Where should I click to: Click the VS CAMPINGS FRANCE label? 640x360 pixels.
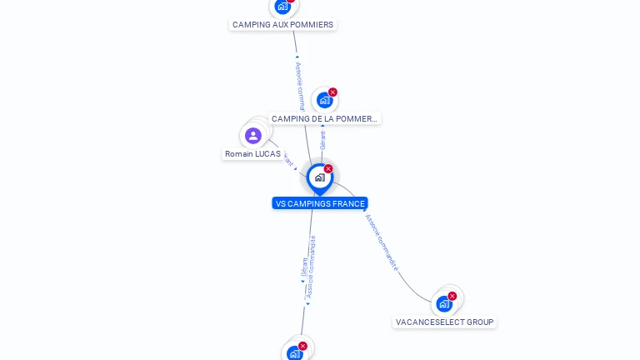(320, 203)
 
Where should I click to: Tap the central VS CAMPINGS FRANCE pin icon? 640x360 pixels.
(320, 177)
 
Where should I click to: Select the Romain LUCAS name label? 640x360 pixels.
(252, 154)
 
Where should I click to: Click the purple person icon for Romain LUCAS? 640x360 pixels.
(253, 135)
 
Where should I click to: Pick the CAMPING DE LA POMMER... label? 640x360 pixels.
(324, 119)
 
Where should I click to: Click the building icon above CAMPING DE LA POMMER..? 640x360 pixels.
(324, 100)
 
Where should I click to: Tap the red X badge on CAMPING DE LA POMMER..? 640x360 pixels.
(332, 92)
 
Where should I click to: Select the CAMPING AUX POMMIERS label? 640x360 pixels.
(282, 25)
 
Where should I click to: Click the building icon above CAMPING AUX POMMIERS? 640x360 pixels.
(282, 7)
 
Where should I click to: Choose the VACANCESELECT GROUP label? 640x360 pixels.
(444, 322)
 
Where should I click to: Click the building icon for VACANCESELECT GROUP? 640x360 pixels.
(444, 303)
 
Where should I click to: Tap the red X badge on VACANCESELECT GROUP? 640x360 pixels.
(452, 296)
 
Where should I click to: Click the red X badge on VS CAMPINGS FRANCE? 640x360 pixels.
(328, 169)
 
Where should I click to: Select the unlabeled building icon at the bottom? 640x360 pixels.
(294, 353)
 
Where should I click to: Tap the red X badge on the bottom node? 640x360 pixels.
(302, 346)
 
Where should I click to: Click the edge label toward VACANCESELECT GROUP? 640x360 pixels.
(382, 242)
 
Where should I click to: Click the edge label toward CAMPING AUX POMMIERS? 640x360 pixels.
(300, 84)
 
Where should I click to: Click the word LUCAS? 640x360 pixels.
(268, 154)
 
